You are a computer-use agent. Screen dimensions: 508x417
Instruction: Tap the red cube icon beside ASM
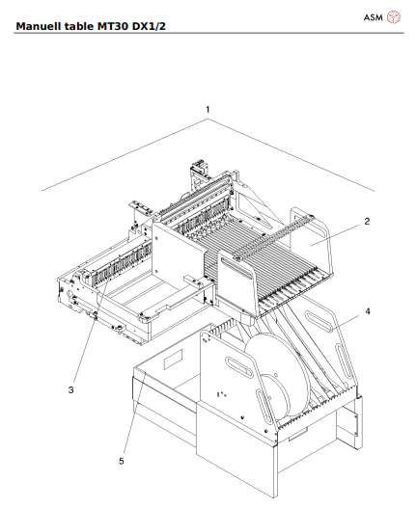(x=394, y=16)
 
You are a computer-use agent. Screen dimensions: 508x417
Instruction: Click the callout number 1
(x=207, y=110)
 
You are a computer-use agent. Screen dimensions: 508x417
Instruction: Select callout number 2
(x=367, y=221)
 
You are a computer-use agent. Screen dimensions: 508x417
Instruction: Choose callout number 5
(x=121, y=462)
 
